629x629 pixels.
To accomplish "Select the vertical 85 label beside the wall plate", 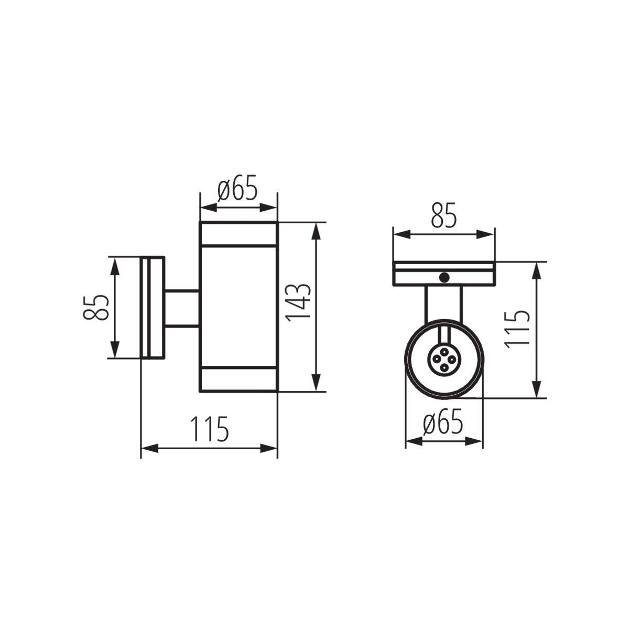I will (x=95, y=307).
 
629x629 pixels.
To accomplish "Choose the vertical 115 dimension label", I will (x=518, y=329).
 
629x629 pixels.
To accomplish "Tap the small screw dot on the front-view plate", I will (x=444, y=278).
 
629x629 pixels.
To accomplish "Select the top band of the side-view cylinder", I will (x=238, y=233).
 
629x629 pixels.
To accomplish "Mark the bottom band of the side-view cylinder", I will (x=238, y=381).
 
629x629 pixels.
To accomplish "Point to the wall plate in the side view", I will (x=153, y=307).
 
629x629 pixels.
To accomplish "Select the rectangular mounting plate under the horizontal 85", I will (x=443, y=274).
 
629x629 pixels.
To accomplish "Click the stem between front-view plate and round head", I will (x=444, y=301).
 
